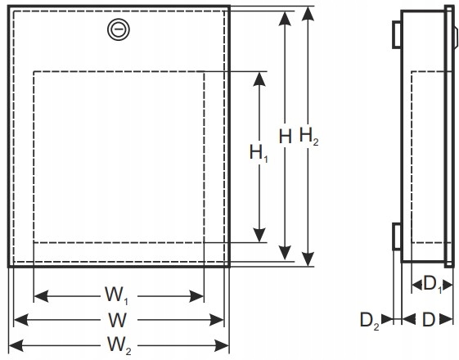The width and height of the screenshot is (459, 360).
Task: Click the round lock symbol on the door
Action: click(119, 29)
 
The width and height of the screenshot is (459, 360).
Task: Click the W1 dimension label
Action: click(117, 295)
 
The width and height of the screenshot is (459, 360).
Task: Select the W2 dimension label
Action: click(119, 345)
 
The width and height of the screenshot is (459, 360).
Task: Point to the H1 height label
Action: click(259, 153)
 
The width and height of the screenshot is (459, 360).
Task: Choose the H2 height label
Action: click(308, 136)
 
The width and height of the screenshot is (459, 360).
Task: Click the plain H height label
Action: click(285, 137)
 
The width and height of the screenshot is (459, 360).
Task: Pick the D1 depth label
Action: click(432, 284)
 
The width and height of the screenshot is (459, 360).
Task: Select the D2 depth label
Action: click(370, 321)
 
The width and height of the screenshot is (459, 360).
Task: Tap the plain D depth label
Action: click(429, 320)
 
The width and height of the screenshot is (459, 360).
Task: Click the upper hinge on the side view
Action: click(397, 35)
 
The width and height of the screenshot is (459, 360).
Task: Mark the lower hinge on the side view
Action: click(397, 236)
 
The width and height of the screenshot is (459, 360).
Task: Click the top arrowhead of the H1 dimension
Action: click(259, 79)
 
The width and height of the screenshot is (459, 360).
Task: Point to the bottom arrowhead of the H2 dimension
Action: click(308, 259)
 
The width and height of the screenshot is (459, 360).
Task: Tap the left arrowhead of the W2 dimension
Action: click(16, 345)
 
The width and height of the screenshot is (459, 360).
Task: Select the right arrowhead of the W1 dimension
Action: click(196, 296)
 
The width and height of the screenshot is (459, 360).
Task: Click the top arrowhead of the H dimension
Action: click(285, 19)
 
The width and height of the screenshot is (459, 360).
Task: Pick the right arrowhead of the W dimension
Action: click(216, 320)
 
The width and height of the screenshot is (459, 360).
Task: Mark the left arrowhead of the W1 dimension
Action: click(41, 296)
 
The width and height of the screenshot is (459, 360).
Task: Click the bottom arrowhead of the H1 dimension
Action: click(259, 235)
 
